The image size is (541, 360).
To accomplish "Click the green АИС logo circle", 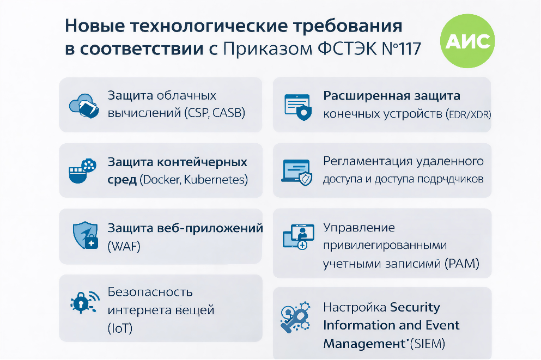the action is click(x=467, y=41).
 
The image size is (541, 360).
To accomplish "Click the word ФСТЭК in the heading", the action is click(x=347, y=48).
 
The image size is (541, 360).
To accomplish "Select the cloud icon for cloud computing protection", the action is click(x=84, y=106).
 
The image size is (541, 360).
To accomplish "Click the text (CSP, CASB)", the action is click(x=215, y=113).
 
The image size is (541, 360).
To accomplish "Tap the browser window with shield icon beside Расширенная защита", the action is click(x=298, y=107).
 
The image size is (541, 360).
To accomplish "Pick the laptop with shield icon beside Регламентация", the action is click(x=297, y=172).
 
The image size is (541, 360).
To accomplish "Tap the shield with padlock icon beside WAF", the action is click(x=85, y=235).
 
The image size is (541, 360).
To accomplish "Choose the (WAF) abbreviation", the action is click(x=124, y=246).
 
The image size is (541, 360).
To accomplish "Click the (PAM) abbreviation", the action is click(x=462, y=264).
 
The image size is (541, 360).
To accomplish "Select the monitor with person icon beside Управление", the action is click(x=298, y=236).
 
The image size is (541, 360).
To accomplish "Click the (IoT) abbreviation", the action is click(x=120, y=328).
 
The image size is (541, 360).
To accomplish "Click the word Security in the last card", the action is click(x=415, y=307).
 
